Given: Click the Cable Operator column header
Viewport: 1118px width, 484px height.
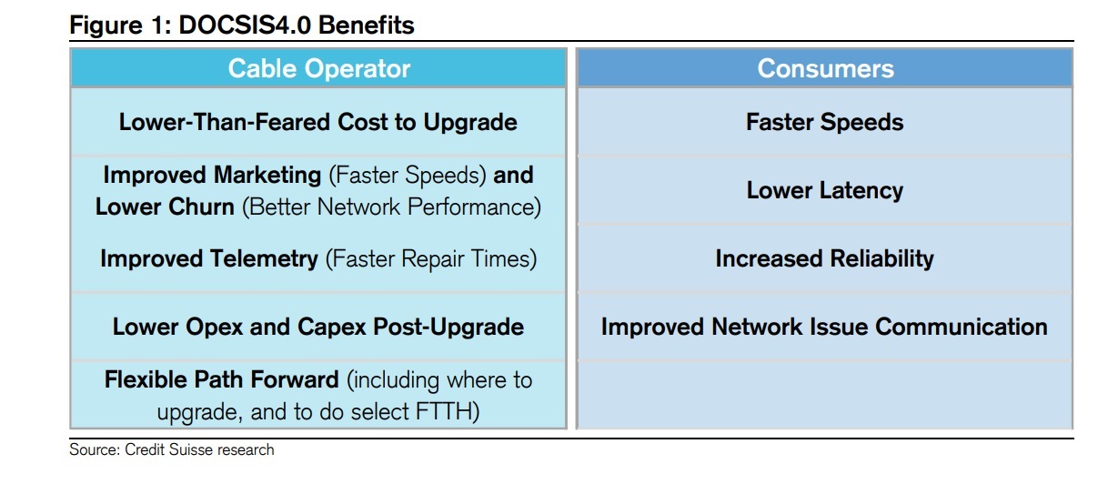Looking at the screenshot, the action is coord(318,68).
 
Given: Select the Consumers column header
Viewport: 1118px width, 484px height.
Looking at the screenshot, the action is coord(825,68).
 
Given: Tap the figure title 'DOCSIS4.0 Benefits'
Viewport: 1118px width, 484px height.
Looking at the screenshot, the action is coord(297,25).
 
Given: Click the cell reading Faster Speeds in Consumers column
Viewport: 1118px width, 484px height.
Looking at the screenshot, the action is coord(824,122).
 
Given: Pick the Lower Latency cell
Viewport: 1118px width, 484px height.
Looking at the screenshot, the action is coord(824,190).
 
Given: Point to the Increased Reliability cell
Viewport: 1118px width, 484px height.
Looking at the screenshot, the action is coord(824,258).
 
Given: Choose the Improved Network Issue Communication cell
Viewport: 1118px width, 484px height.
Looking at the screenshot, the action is coord(824,327).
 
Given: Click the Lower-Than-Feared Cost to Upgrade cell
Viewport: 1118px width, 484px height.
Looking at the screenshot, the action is coord(318,122).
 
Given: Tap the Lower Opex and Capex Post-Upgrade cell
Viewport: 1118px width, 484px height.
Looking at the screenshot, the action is coord(318,327).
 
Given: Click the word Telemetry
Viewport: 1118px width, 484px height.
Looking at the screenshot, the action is coord(264,259).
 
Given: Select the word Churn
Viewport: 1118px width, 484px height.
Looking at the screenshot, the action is coord(201,207).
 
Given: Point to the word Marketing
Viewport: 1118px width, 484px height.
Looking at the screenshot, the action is coord(267,176).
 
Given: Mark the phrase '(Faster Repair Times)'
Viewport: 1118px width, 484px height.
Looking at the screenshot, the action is coord(431,259).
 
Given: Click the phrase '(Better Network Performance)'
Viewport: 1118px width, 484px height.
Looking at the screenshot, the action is coord(392,207).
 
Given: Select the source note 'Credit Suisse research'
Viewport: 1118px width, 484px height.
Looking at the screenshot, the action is coord(199,449).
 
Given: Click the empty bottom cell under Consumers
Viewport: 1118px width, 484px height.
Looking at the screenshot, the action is coord(824,395).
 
